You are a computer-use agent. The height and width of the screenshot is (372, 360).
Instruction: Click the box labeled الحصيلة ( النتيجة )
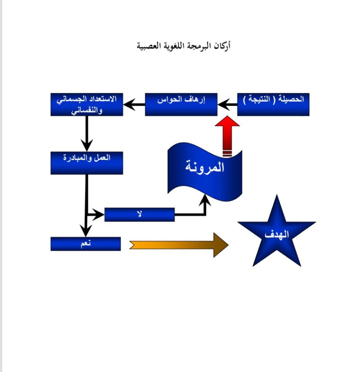pos(273,104)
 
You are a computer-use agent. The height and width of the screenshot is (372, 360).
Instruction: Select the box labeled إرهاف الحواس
pos(181,104)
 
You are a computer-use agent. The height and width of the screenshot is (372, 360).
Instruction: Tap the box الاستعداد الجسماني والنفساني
pos(87,104)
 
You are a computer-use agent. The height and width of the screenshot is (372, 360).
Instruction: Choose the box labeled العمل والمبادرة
pos(87,163)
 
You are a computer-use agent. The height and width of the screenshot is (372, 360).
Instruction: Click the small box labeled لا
pos(140,215)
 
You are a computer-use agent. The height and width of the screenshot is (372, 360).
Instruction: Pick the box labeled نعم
pos(86,244)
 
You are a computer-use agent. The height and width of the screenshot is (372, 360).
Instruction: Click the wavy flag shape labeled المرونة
pos(205,171)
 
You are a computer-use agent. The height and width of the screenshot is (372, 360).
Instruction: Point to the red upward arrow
pos(227,136)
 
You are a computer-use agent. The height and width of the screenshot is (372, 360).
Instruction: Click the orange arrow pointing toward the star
pos(179,245)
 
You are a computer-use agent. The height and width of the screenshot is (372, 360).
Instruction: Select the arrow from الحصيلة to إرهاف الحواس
pos(228,104)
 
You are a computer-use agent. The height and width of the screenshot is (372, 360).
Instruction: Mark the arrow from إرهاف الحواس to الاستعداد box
pos(134,104)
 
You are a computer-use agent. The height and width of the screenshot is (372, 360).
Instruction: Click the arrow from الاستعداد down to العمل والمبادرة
pos(87,134)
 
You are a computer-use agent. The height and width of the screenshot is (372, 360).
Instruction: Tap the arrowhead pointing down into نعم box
pos(86,231)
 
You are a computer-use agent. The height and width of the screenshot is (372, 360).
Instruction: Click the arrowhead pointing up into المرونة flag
pos(205,200)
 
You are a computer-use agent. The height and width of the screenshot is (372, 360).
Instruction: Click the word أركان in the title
pos(222,46)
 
